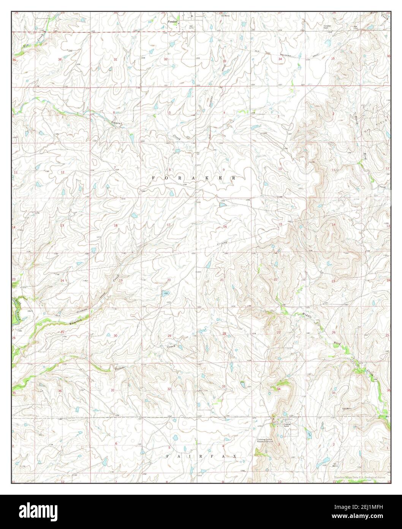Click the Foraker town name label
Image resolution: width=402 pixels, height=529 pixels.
[173, 22]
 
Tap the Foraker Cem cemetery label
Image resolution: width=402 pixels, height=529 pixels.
[328, 27]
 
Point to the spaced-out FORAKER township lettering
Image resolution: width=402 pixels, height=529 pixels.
[194, 178]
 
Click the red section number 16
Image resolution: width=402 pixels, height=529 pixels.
[225, 227]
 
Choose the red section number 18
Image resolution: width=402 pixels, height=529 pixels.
[116, 226]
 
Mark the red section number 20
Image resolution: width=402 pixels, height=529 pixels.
[169, 280]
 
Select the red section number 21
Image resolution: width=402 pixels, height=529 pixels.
[222, 280]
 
